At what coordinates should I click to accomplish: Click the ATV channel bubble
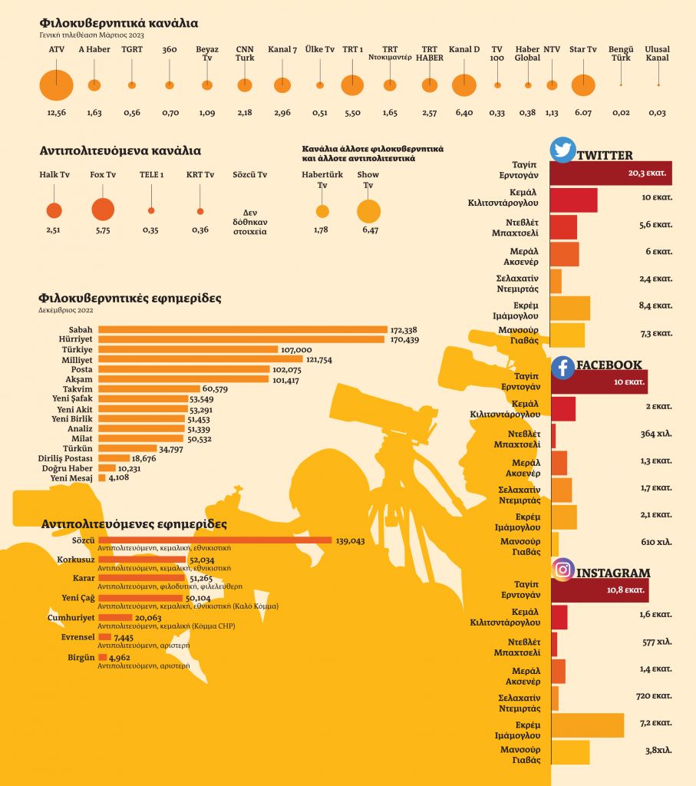(x=56, y=85)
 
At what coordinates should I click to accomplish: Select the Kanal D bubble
(x=463, y=85)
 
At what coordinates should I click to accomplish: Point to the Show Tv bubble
(x=368, y=211)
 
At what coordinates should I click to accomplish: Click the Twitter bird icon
(x=563, y=150)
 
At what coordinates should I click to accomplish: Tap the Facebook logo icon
(x=563, y=367)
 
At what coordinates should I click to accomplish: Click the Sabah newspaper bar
(x=242, y=330)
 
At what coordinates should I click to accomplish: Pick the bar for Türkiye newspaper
(x=188, y=349)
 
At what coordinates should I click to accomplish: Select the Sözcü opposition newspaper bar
(x=215, y=540)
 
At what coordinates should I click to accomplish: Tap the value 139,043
(x=350, y=540)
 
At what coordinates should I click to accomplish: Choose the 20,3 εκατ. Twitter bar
(x=611, y=173)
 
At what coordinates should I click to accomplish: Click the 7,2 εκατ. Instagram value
(x=657, y=723)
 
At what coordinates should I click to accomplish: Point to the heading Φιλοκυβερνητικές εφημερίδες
(x=130, y=298)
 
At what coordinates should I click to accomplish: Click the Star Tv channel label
(x=583, y=50)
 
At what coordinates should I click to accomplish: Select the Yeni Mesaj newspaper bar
(x=101, y=477)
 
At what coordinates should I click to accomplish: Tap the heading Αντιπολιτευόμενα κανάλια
(x=120, y=150)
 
